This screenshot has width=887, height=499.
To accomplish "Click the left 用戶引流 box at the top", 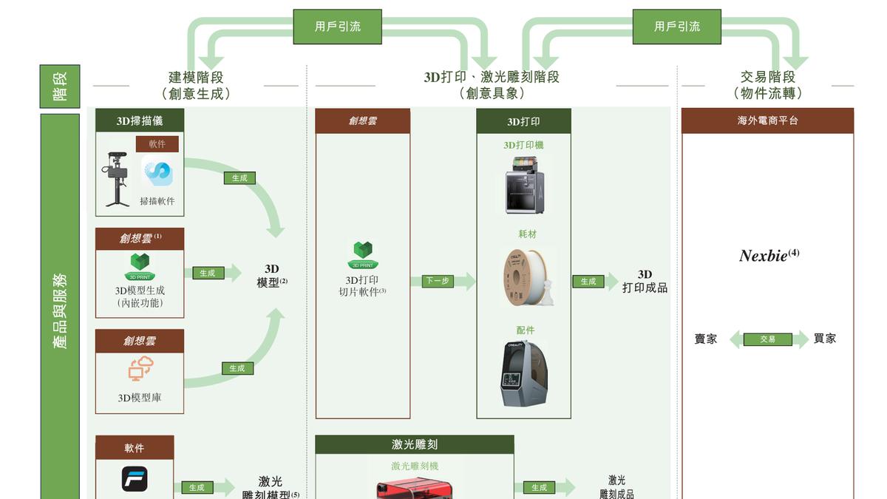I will [x=337, y=27].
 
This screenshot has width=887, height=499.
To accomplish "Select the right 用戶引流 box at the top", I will [x=676, y=27].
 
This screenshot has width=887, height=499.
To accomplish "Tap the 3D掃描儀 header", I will [x=140, y=120].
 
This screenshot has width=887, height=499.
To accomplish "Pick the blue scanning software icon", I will [x=157, y=173].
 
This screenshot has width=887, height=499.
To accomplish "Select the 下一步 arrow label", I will [x=436, y=281].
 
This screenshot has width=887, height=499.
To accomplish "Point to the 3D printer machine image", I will [x=523, y=185].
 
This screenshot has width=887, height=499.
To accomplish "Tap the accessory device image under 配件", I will [x=523, y=373].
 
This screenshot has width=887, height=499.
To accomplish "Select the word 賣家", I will [x=706, y=339].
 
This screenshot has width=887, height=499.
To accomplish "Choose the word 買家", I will [x=825, y=339].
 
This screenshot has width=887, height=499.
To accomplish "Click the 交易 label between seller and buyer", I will [x=767, y=339].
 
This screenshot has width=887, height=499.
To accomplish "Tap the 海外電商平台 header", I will [x=767, y=120].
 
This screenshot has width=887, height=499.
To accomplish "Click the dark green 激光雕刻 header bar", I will [x=414, y=444].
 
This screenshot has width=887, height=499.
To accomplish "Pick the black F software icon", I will [x=135, y=479].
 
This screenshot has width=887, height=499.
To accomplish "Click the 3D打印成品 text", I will [x=645, y=282].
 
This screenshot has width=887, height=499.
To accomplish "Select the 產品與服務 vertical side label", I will [x=60, y=310].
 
